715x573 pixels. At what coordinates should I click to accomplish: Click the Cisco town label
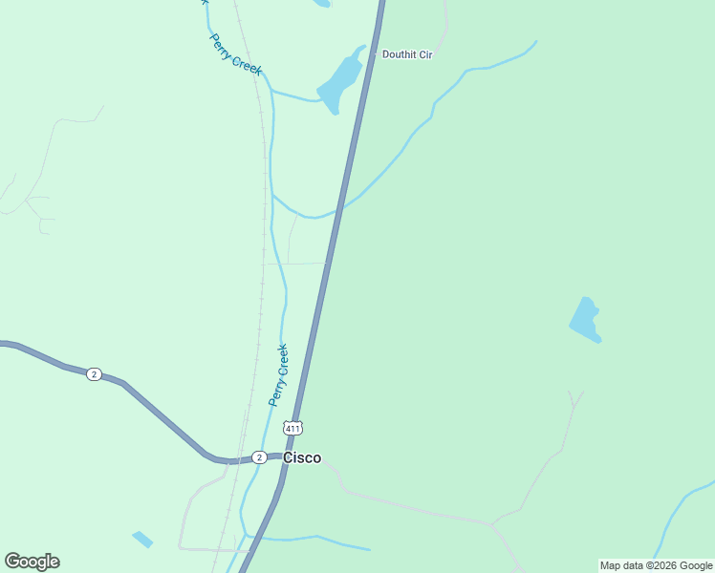[302, 457]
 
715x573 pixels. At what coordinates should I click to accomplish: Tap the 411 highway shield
[293, 428]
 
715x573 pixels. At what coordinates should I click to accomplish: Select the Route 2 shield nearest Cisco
[259, 457]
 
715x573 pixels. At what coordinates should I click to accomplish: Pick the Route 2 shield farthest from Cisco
[94, 374]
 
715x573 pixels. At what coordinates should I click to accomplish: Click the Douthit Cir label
[407, 54]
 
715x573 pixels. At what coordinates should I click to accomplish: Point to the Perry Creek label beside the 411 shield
[278, 374]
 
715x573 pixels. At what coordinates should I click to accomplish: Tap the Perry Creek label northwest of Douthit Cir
[235, 54]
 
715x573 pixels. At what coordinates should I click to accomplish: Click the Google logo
[32, 562]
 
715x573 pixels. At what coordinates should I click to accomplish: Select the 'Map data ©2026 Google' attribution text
[656, 565]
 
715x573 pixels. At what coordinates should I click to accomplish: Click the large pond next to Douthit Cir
[340, 80]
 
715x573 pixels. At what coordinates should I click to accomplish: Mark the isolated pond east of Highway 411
[585, 319]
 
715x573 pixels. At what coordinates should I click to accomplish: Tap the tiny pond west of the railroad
[142, 540]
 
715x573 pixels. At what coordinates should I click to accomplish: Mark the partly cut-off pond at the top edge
[322, 3]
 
